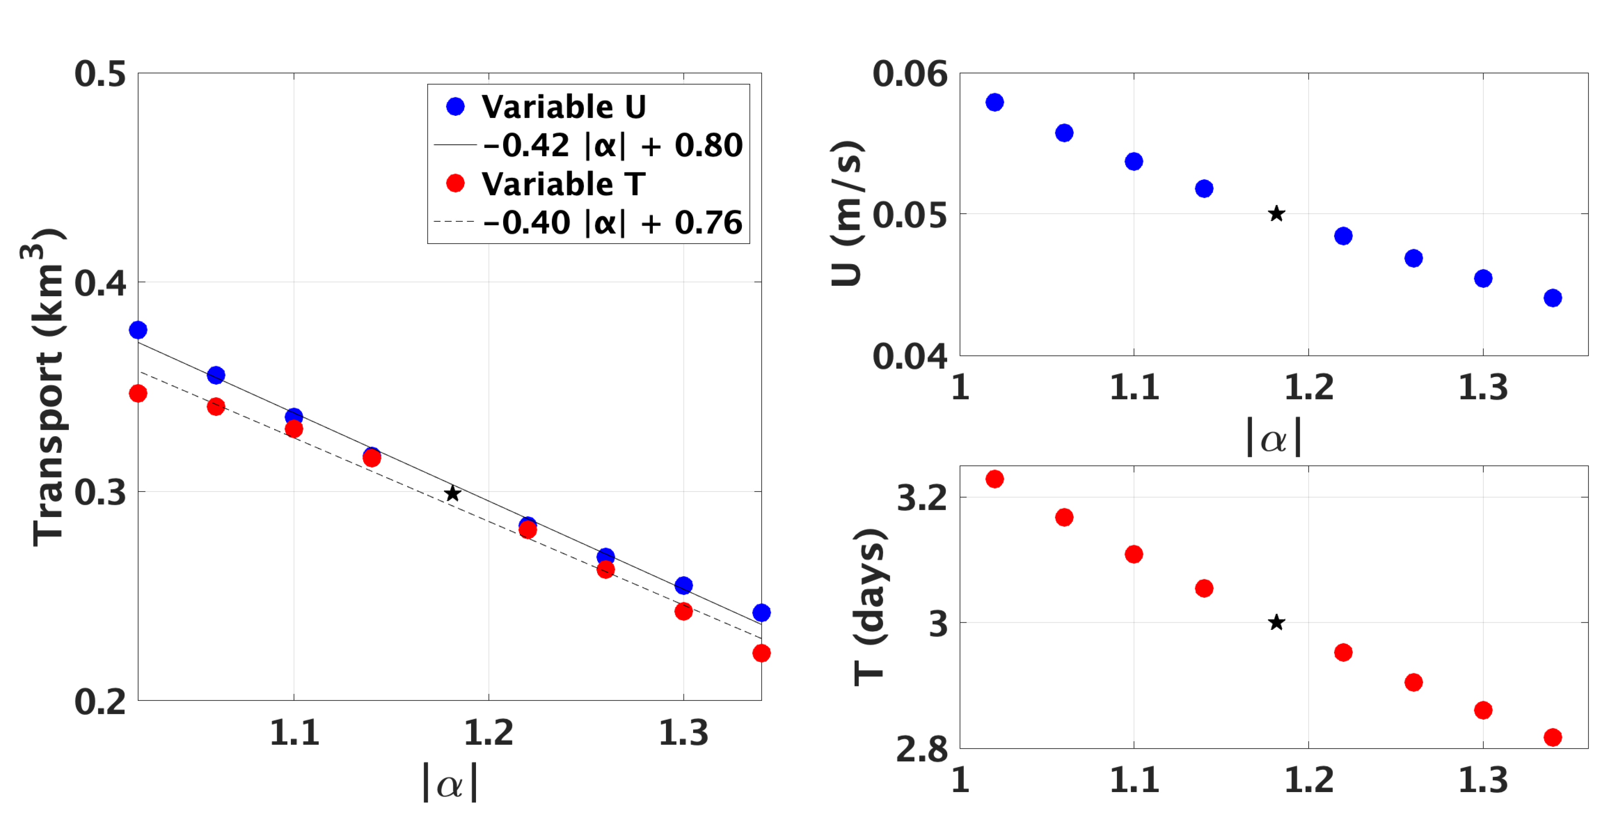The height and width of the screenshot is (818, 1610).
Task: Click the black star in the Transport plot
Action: (x=452, y=494)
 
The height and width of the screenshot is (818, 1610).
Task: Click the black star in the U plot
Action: (x=1276, y=214)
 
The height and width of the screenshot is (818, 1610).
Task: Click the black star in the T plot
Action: (x=1276, y=622)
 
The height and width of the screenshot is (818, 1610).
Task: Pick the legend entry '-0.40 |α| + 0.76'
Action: (x=612, y=222)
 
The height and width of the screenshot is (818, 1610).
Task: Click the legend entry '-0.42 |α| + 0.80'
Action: (x=612, y=145)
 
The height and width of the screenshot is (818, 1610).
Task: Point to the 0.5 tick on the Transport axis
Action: (x=100, y=74)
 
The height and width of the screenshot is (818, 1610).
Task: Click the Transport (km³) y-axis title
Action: (x=47, y=388)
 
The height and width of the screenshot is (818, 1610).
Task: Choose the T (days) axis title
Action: (x=869, y=606)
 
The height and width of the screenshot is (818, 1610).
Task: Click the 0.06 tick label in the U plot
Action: (x=909, y=74)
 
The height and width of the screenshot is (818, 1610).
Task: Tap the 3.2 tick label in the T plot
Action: (x=922, y=499)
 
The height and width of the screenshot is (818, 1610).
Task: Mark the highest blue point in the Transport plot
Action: (x=138, y=330)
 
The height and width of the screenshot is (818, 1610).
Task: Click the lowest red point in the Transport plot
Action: (x=761, y=653)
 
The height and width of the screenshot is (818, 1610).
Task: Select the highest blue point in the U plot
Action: (x=995, y=102)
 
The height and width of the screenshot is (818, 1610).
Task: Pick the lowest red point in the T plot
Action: (x=1553, y=737)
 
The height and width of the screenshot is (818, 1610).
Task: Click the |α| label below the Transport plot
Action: (x=450, y=782)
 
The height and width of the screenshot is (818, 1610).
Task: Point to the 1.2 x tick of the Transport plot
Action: (x=488, y=733)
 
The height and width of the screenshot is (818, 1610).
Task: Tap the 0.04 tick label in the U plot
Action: (x=909, y=356)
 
